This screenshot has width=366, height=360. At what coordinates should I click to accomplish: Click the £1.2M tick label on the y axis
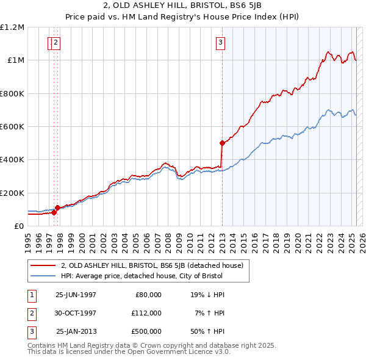click(x=12, y=27)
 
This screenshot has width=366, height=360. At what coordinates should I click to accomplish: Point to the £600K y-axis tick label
click(x=12, y=127)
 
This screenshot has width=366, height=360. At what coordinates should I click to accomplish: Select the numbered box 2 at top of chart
click(x=56, y=43)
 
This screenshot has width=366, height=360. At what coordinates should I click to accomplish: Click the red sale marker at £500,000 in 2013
click(x=222, y=143)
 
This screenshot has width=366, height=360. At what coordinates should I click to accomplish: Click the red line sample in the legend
click(x=43, y=265)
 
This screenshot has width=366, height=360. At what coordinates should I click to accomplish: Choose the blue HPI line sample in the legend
click(x=43, y=276)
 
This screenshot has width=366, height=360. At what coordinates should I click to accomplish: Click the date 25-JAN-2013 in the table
click(x=76, y=331)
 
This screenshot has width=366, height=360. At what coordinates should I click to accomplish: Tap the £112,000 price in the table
click(x=146, y=313)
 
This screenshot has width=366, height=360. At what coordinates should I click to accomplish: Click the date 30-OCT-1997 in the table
click(x=76, y=313)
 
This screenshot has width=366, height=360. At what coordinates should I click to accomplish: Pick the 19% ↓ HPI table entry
click(x=207, y=295)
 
